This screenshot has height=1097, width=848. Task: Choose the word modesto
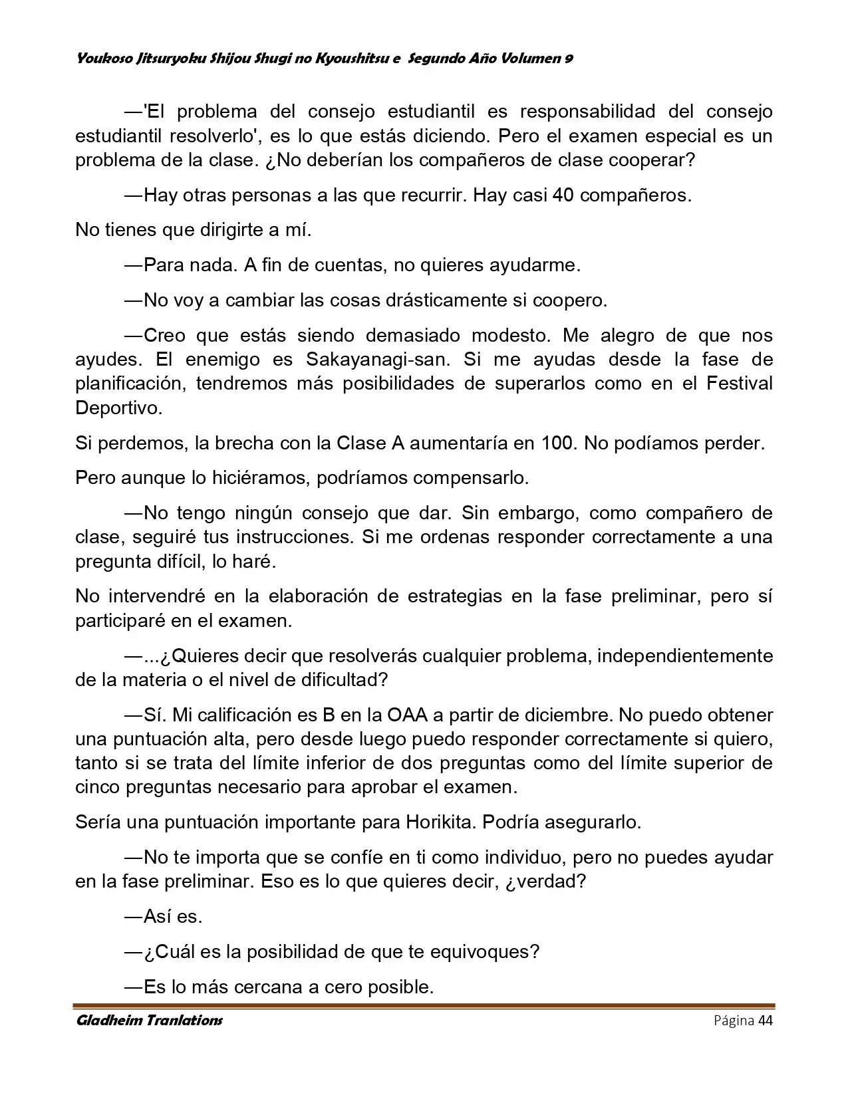(x=509, y=336)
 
